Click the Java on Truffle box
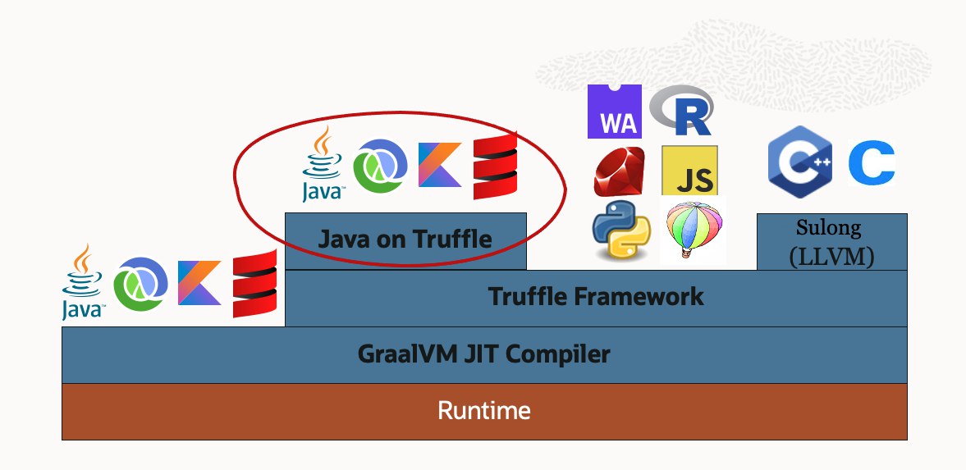pos(405,240)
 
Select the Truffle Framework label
pos(596,296)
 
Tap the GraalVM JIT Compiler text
pos(484,354)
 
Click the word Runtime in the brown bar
pos(484,410)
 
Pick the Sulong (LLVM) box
pos(831,242)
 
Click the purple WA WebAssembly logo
pos(615,111)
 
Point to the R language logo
pos(682,111)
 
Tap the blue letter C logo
pos(871,163)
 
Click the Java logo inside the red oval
pos(323,164)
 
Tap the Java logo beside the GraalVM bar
pos(83,281)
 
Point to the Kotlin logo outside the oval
pos(199,282)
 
